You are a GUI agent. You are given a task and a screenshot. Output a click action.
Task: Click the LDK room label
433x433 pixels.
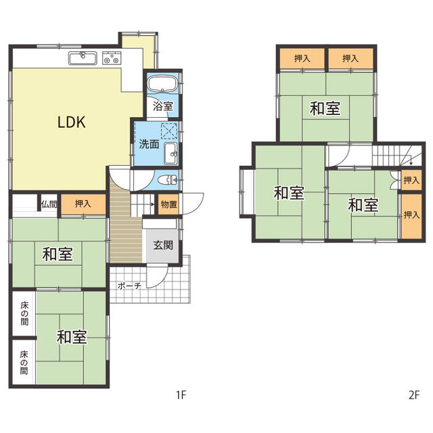coord(72,122)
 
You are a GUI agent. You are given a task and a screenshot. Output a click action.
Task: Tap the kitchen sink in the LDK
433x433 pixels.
coord(83,58)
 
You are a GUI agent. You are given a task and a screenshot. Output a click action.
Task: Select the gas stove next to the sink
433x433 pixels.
coord(112,58)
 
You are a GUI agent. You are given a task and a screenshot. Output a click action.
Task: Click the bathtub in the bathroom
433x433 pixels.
coord(162,83)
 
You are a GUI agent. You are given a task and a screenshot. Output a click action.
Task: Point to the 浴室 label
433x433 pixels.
coord(163,106)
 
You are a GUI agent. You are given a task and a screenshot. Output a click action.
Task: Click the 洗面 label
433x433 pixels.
coord(149,144)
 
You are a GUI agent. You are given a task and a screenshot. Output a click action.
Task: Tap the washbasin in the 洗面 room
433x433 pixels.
coord(171,154)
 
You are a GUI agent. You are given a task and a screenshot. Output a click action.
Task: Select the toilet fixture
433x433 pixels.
coord(168,180)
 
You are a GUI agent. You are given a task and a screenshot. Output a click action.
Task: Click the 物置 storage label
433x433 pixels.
coord(168,204)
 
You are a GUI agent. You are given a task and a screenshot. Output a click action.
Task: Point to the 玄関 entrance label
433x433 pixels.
coord(163,245)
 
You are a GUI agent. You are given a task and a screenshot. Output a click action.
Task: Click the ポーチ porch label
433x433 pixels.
coord(129,286)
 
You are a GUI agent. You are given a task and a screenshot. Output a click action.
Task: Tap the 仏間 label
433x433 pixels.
coord(49,204)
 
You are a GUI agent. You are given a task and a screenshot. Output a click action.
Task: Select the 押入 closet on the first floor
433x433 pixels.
coord(83,204)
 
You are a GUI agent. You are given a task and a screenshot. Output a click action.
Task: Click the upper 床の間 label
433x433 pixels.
coord(24,314)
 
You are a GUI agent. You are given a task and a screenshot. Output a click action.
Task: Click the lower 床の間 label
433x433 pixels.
coord(24,363)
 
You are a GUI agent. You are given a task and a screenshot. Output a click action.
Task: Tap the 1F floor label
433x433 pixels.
coord(181,395)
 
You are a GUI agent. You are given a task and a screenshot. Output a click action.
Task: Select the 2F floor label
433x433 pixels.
coord(414,395)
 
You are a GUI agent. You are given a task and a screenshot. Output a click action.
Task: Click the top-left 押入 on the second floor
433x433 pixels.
coord(302,59)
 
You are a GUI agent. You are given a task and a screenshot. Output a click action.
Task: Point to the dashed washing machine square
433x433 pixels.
coord(169,131)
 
